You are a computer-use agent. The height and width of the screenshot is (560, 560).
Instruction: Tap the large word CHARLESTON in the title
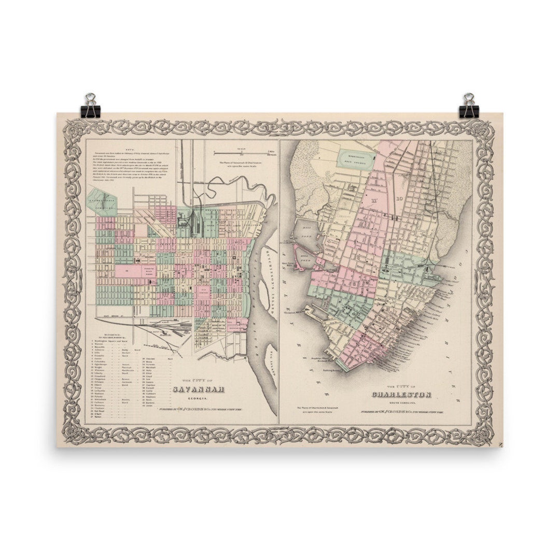[x=402, y=395]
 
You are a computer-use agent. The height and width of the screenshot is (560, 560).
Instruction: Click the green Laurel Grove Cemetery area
[x=103, y=204]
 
